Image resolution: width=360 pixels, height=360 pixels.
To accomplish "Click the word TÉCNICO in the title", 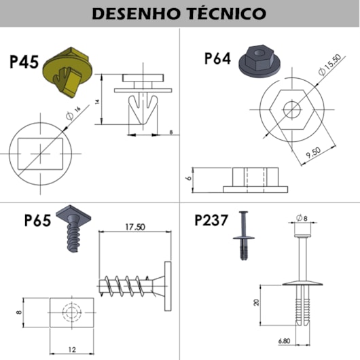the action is point(226,13).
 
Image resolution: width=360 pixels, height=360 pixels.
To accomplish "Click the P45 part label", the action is point(24,62).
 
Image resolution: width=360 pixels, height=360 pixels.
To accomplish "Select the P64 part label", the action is point(217,58).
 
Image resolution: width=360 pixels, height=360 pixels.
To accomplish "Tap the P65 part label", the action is point(37,220).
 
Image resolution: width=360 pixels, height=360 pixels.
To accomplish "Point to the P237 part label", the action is point(211,220).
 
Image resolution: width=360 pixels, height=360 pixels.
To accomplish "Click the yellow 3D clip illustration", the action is point(68,72).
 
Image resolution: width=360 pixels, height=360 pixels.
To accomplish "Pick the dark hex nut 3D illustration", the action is point(259,61).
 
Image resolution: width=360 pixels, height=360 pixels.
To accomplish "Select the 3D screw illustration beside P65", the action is point(73,228).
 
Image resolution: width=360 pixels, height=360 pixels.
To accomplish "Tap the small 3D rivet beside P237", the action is point(244,236).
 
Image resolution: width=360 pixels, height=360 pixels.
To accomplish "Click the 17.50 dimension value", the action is point(135,227).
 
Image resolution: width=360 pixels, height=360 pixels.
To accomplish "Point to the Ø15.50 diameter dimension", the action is point(330,65).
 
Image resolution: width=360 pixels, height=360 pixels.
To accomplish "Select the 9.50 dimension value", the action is point(313,153).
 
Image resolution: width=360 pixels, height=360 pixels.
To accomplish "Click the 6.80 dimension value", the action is point(284,341).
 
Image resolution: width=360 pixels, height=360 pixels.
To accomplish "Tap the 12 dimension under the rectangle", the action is point(72,349).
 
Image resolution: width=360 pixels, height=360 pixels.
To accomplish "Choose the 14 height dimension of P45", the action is point(97,102).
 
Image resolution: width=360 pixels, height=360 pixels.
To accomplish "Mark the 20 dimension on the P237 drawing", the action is point(257,302).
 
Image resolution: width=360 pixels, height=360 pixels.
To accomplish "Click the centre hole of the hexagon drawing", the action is point(292,109).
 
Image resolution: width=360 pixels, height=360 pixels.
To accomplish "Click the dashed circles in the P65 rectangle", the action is point(72,312).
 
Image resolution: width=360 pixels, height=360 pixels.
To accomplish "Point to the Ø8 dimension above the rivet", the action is point(302,217).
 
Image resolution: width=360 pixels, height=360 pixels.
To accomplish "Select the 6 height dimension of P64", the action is point(190,178).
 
